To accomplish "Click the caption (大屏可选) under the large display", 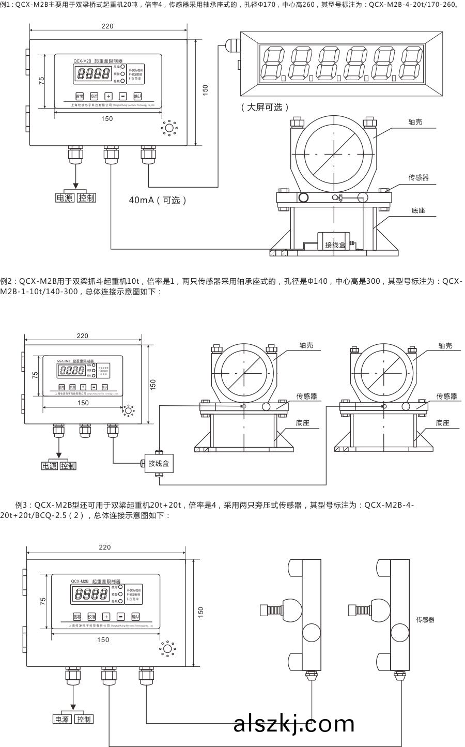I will [264, 108].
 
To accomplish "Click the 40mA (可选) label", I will [158, 200].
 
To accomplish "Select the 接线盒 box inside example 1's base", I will [335, 244].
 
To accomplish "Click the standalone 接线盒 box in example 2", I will [158, 463].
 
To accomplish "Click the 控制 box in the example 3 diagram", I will [83, 719].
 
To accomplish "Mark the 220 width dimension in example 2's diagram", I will [83, 336].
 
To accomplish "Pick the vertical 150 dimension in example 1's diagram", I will [206, 89].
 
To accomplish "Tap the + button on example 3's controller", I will [106, 616].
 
